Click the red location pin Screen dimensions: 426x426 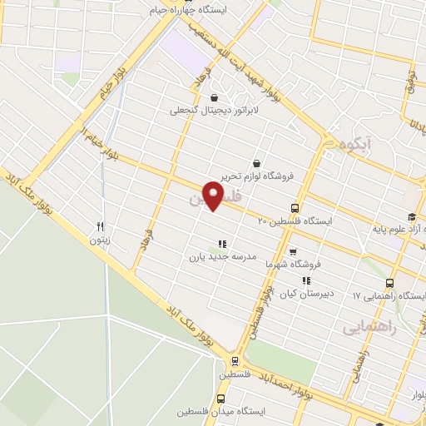[214, 196]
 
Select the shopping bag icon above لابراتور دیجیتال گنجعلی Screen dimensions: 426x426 [215, 97]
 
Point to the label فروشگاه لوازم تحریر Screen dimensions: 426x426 [258, 176]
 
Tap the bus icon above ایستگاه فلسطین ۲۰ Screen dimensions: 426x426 [295, 208]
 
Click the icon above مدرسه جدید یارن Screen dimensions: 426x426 [221, 243]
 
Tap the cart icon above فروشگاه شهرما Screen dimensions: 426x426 [292, 251]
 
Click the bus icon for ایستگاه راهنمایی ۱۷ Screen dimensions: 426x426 [391, 284]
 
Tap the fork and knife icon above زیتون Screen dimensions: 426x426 [100, 226]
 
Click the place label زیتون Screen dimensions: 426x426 [100, 240]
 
